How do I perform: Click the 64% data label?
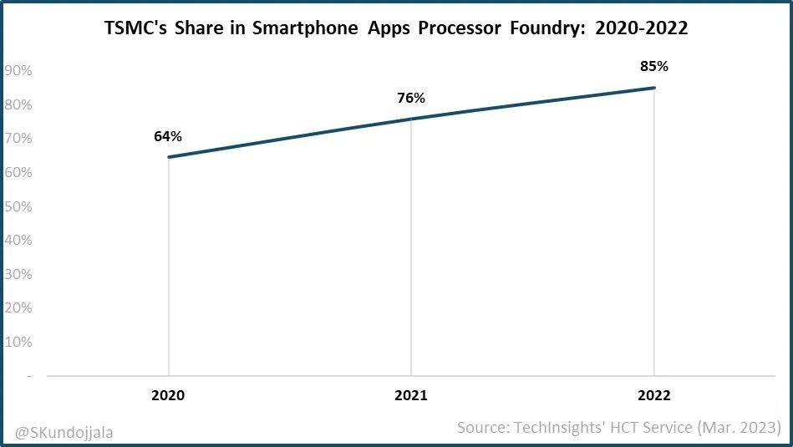tap(167, 136)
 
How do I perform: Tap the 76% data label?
tap(410, 99)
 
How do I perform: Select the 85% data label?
tap(653, 66)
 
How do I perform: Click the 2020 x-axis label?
tap(168, 395)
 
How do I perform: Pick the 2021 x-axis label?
tap(410, 395)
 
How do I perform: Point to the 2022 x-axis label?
tap(653, 395)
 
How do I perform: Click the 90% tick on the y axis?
tap(18, 71)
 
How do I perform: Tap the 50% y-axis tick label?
tap(18, 206)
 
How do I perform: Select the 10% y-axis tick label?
tap(18, 342)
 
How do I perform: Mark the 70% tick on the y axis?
tap(18, 139)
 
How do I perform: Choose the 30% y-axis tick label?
tap(18, 274)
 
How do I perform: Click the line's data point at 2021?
tap(410, 119)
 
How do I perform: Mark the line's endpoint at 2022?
tap(653, 88)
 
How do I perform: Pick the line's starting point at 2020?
tap(168, 157)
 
